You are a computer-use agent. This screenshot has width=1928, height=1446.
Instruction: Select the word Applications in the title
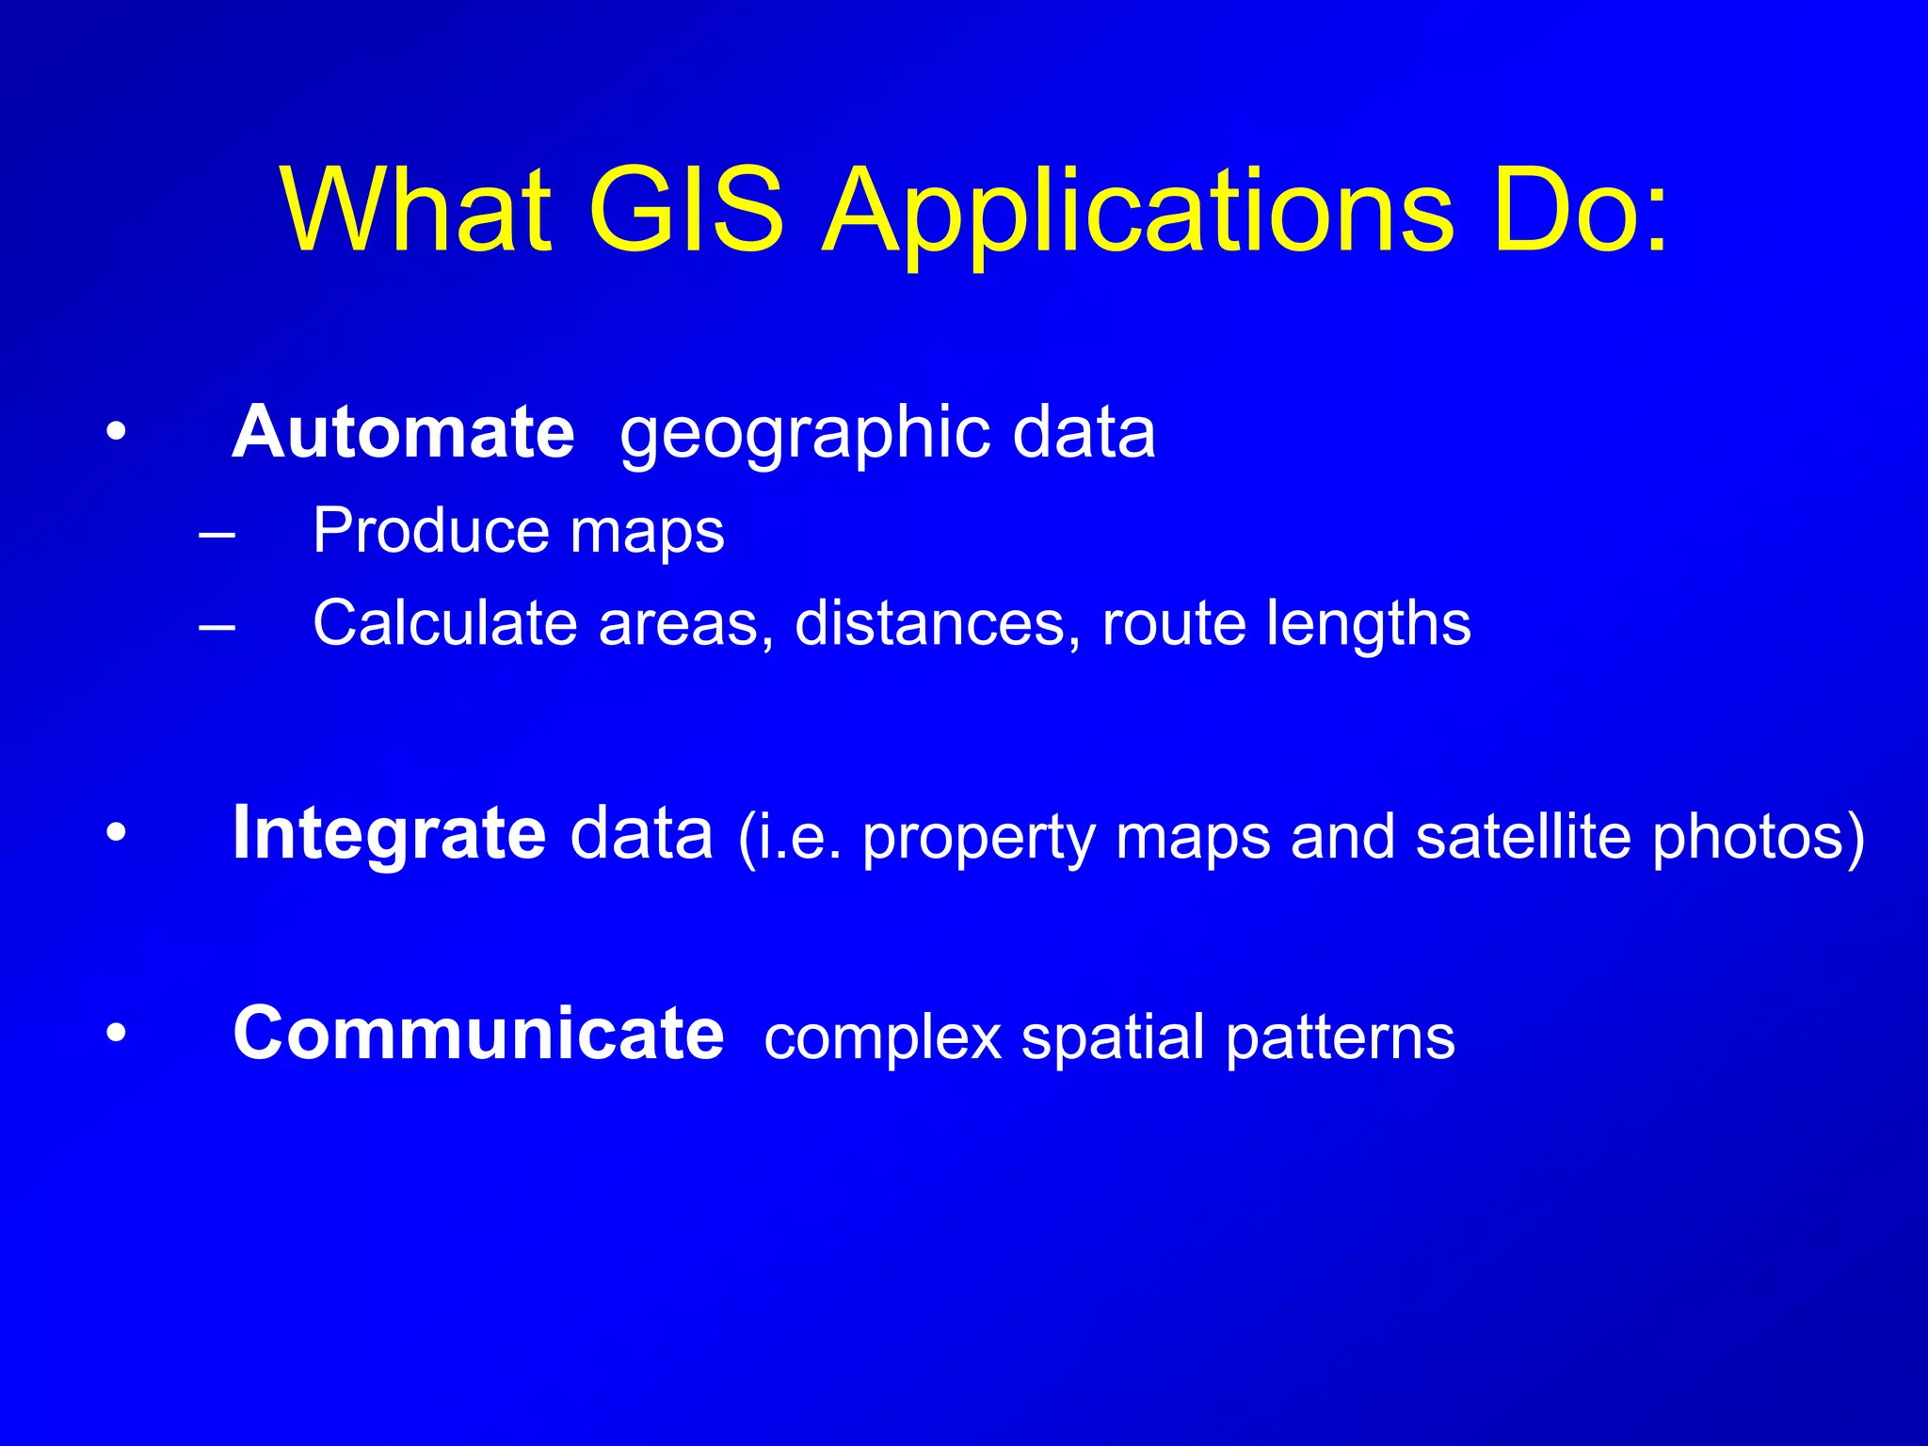tap(1139, 212)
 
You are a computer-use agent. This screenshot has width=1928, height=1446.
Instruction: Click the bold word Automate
tap(403, 432)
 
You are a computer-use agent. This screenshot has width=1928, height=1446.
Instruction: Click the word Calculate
tap(444, 623)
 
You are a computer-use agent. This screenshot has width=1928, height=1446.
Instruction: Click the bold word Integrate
tap(389, 833)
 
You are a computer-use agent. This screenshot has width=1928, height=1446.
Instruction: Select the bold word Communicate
tap(478, 1034)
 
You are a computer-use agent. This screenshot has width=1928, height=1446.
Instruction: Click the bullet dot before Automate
tap(116, 433)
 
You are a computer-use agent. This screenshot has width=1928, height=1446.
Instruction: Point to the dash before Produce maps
tap(217, 534)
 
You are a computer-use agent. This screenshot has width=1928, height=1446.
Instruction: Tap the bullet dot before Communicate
tap(116, 1034)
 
